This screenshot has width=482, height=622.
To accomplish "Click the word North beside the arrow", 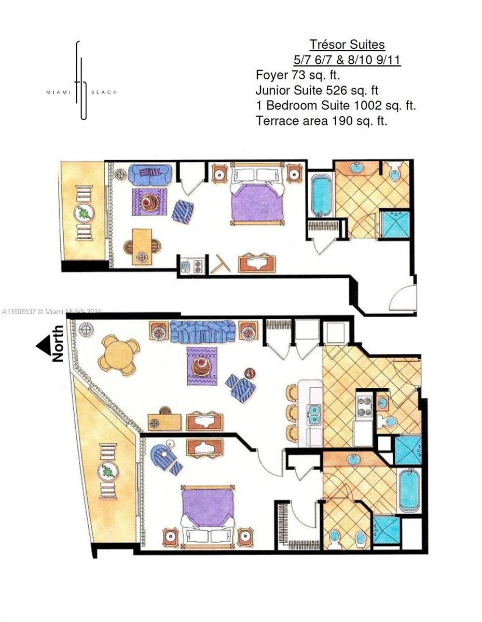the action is [x=58, y=343].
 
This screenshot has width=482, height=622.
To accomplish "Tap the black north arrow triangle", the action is [x=43, y=345].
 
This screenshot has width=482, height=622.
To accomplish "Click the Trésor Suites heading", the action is [x=347, y=45].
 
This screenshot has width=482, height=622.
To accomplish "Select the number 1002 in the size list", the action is [x=368, y=106].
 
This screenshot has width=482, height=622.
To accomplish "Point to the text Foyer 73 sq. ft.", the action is [x=298, y=75].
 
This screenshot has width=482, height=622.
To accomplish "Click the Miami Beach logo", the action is [x=81, y=81].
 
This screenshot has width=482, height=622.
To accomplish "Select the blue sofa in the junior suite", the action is [x=150, y=174].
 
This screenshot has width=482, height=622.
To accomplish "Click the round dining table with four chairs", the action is [x=119, y=355].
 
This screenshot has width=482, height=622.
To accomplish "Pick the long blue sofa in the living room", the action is [x=202, y=331].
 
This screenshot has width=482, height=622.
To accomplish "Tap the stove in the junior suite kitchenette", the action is [x=197, y=266].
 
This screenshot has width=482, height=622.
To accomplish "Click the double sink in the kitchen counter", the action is [x=314, y=415].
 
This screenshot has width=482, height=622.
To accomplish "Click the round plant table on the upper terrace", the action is [x=84, y=213].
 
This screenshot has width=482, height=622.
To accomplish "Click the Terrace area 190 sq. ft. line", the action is [x=321, y=121].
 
